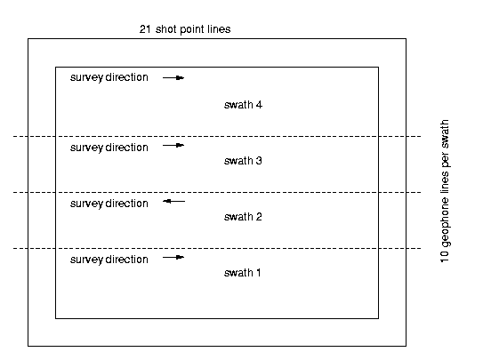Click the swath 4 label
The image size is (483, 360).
pyautogui.click(x=243, y=105)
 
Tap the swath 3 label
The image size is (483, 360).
pyautogui.click(x=243, y=161)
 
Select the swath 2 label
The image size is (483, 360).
pyautogui.click(x=243, y=217)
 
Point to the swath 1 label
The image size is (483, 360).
pyautogui.click(x=243, y=273)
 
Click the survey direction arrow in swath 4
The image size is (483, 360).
pyautogui.click(x=173, y=78)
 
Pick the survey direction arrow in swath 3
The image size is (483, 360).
pyautogui.click(x=173, y=145)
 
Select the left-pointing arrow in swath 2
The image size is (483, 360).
pyautogui.click(x=174, y=202)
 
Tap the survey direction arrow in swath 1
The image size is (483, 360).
pyautogui.click(x=173, y=257)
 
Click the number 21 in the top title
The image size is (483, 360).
pyautogui.click(x=145, y=29)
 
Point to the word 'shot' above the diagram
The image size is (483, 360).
pyautogui.click(x=166, y=29)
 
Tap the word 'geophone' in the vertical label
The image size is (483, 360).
pyautogui.click(x=445, y=222)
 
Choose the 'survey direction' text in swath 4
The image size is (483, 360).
pyautogui.click(x=109, y=77)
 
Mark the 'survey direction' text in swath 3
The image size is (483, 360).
pyautogui.click(x=109, y=148)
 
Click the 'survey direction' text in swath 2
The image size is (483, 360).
pyautogui.click(x=109, y=204)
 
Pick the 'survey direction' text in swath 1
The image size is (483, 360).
pyautogui.click(x=109, y=260)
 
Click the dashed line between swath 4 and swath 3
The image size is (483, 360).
pyautogui.click(x=217, y=136)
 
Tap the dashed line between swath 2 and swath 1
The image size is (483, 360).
pyautogui.click(x=217, y=248)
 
